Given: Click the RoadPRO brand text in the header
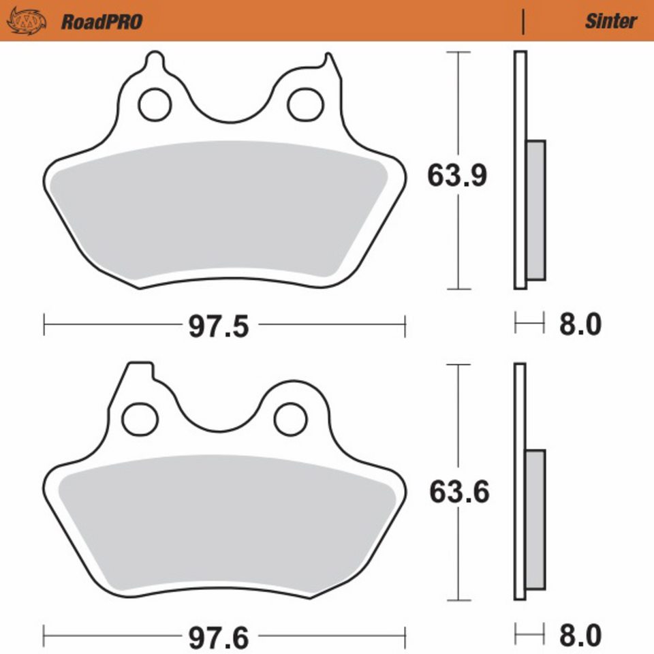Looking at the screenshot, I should [102, 22].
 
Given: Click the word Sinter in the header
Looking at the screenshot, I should [610, 21].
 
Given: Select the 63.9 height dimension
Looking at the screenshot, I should [456, 176].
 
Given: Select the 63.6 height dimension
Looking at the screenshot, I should [458, 492].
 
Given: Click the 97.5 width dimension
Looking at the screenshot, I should [219, 327].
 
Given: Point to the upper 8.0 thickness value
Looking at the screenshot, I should [580, 325].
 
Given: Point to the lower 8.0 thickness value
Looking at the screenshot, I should [580, 636].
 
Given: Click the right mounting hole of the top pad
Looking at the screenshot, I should [304, 104].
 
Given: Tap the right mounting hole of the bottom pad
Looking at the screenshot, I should [291, 417].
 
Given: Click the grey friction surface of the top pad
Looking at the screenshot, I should [218, 211].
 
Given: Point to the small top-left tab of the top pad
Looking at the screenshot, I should [156, 62].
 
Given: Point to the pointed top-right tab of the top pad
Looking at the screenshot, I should [330, 65].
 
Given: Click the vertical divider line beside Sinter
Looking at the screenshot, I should [523, 22].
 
